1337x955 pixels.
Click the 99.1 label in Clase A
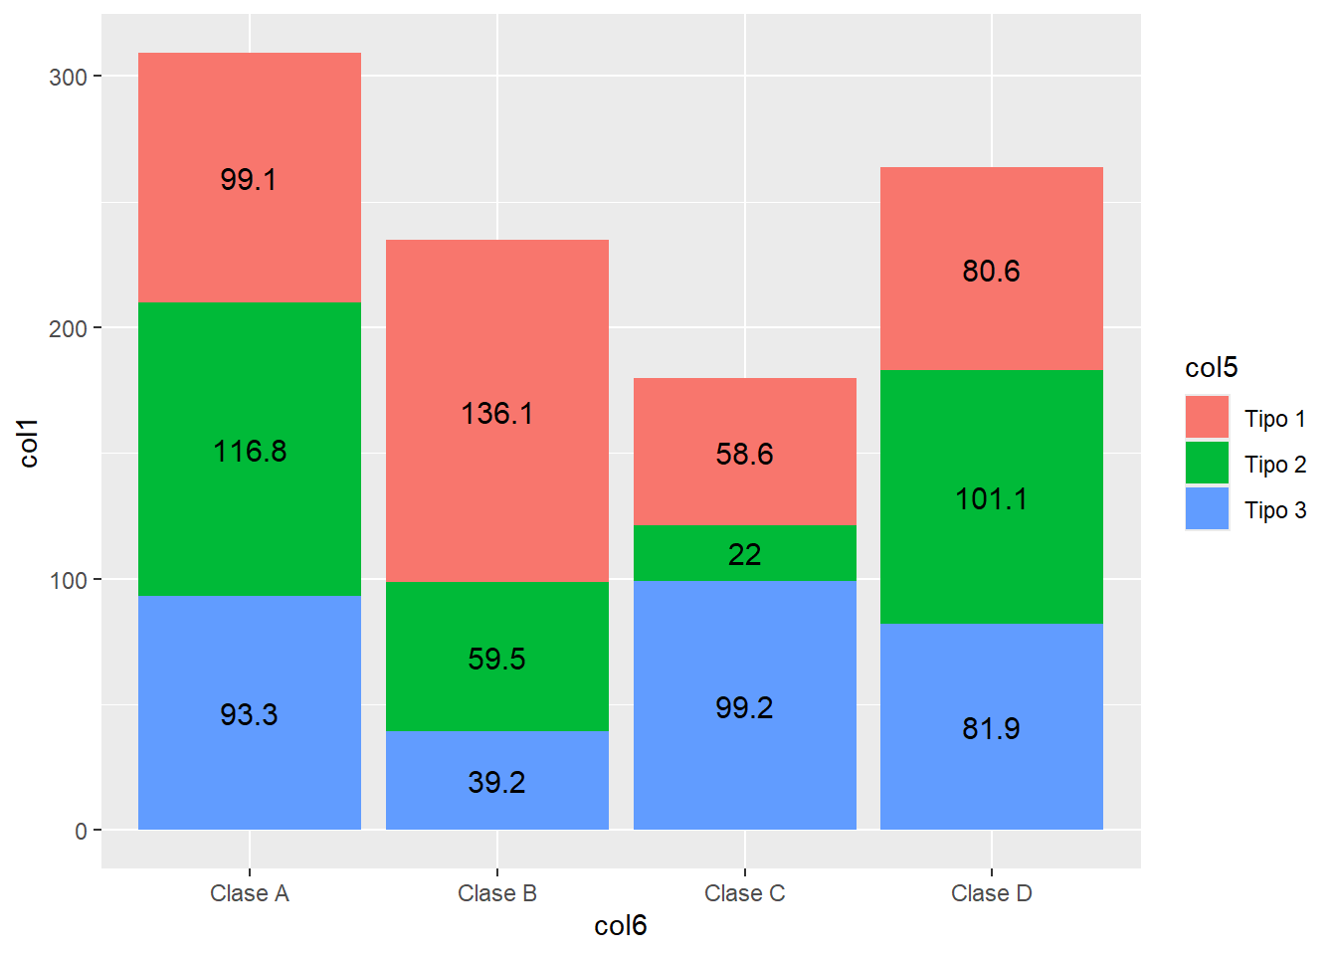pyautogui.click(x=249, y=180)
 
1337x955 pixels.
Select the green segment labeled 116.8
pyautogui.click(x=250, y=449)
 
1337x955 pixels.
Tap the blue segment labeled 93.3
pyautogui.click(x=250, y=712)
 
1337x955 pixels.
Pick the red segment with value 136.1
pyautogui.click(x=497, y=411)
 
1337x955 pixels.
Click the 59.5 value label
pyautogui.click(x=496, y=659)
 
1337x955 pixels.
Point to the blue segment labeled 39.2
pyautogui.click(x=497, y=780)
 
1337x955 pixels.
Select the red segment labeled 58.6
pyautogui.click(x=745, y=452)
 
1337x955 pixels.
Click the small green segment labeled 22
pyautogui.click(x=745, y=553)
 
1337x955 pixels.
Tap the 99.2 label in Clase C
pyautogui.click(x=744, y=708)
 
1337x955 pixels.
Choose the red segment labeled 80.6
pyautogui.click(x=992, y=269)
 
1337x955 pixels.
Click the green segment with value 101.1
pyautogui.click(x=992, y=497)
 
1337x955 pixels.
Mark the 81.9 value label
pyautogui.click(x=991, y=728)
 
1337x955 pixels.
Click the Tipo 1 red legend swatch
pyautogui.click(x=1207, y=417)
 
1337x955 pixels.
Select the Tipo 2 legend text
pyautogui.click(x=1275, y=465)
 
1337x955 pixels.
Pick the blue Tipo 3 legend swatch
pyautogui.click(x=1207, y=508)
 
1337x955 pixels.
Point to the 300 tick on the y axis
pyautogui.click(x=68, y=78)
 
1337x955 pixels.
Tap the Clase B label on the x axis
pyautogui.click(x=497, y=893)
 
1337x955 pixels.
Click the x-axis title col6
pyautogui.click(x=620, y=926)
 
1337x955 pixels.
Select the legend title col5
pyautogui.click(x=1211, y=368)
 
